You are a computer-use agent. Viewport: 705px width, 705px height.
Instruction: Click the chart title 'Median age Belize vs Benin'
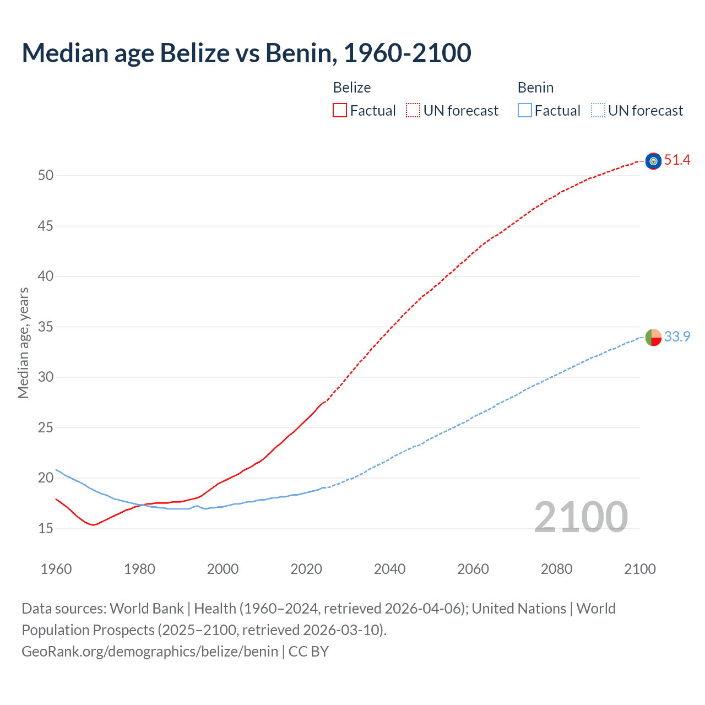pyautogui.click(x=246, y=53)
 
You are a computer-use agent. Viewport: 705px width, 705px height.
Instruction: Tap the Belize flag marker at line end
pyautogui.click(x=653, y=161)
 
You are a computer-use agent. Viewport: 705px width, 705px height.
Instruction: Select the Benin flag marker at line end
pyautogui.click(x=653, y=337)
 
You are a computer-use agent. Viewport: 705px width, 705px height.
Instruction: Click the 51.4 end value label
pyautogui.click(x=677, y=160)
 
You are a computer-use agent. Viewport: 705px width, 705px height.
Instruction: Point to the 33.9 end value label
pyautogui.click(x=677, y=337)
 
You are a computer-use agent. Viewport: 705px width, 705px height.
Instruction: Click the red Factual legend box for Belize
pyautogui.click(x=340, y=111)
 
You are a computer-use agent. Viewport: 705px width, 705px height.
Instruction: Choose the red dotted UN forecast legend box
pyautogui.click(x=413, y=111)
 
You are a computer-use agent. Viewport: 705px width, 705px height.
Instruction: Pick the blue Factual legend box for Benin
pyautogui.click(x=525, y=111)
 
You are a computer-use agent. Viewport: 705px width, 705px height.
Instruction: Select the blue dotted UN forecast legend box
pyautogui.click(x=598, y=111)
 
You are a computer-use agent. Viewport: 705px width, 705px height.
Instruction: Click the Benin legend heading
pyautogui.click(x=535, y=88)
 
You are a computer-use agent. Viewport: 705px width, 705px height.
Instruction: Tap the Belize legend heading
pyautogui.click(x=352, y=88)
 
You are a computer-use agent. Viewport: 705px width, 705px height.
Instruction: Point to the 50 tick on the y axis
pyautogui.click(x=46, y=176)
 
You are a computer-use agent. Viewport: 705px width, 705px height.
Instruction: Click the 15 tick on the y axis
pyautogui.click(x=46, y=528)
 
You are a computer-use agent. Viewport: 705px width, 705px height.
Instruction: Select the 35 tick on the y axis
pyautogui.click(x=46, y=327)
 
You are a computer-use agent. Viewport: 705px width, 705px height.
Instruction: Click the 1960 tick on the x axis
pyautogui.click(x=56, y=569)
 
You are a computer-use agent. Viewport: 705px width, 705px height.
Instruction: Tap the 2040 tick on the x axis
pyautogui.click(x=389, y=569)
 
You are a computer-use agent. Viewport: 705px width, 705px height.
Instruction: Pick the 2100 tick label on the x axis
pyautogui.click(x=639, y=569)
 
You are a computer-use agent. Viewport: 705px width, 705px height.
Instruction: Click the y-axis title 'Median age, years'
pyautogui.click(x=23, y=343)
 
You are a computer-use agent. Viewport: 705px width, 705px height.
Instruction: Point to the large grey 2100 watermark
pyautogui.click(x=581, y=517)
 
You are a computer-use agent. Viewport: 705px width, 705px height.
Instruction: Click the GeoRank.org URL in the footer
pyautogui.click(x=150, y=652)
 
